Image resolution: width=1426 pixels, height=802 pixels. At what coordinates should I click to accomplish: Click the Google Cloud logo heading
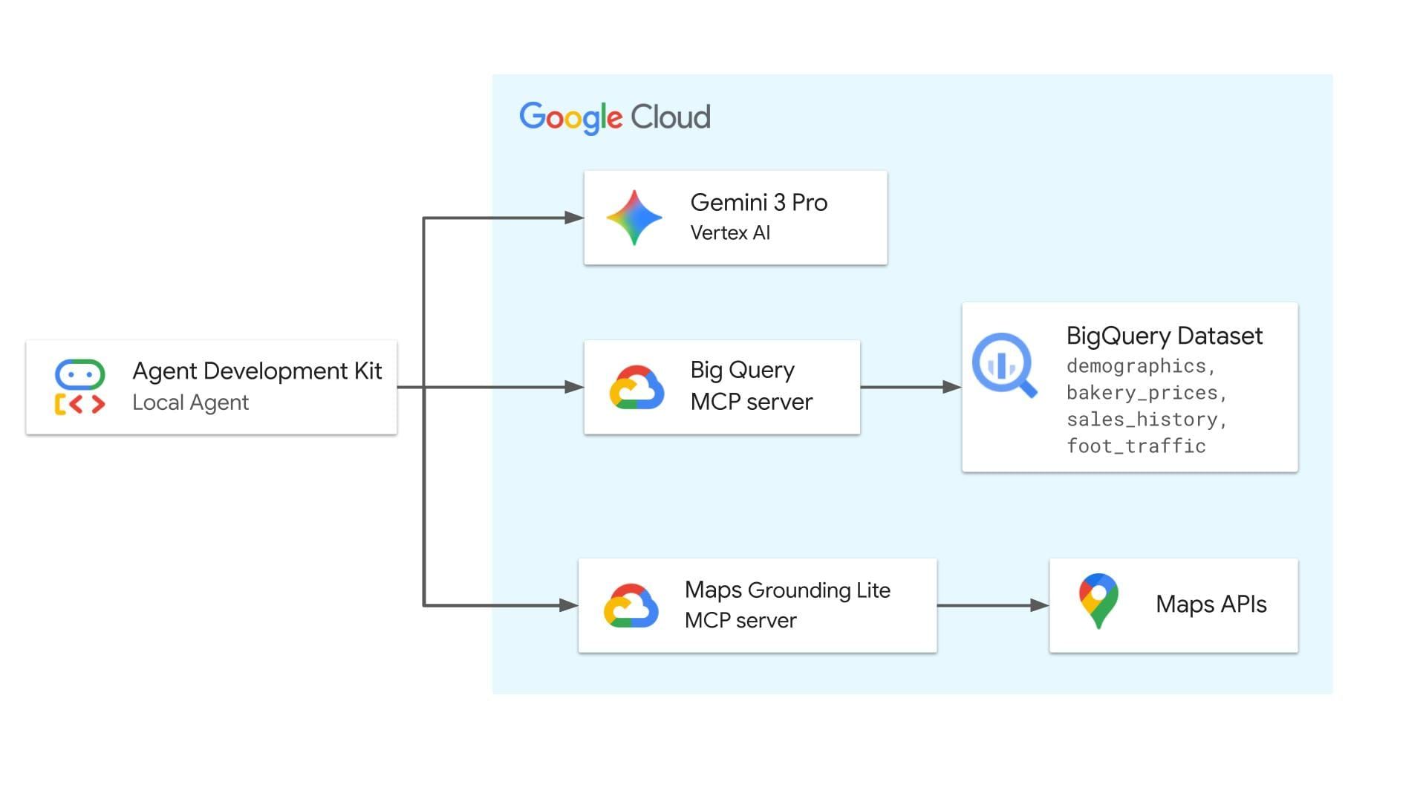tap(614, 117)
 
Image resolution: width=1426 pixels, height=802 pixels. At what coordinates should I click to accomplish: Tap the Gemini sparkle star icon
tap(634, 218)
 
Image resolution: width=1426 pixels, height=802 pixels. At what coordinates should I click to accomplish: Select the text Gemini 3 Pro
tap(758, 203)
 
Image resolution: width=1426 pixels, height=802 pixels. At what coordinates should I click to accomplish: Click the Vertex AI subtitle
tap(729, 233)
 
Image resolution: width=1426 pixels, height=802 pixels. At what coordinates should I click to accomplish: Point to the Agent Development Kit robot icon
tap(79, 387)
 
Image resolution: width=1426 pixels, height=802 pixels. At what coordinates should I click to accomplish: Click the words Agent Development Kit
tap(256, 371)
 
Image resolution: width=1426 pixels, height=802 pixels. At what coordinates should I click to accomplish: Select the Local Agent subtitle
tap(190, 402)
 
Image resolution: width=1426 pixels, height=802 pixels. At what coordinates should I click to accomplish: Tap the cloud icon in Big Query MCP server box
tap(637, 387)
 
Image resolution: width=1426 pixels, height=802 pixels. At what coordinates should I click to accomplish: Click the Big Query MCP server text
tap(750, 386)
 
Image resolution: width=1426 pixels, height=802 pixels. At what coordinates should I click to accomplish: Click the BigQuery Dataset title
tap(1164, 336)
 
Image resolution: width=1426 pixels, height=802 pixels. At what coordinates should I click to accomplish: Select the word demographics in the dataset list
tap(1136, 366)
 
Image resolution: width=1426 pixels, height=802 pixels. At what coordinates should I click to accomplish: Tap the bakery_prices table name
tap(1142, 393)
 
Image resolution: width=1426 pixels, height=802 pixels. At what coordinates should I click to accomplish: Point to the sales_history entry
tap(1142, 420)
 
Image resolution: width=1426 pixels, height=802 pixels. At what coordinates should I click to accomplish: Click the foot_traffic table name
tap(1136, 446)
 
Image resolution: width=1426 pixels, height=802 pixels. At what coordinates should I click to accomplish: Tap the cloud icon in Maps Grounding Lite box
tap(631, 606)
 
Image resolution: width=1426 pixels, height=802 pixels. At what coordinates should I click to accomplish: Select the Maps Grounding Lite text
tap(787, 590)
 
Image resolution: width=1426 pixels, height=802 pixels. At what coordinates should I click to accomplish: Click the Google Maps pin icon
tap(1098, 600)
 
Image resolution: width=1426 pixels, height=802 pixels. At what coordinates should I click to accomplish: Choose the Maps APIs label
tap(1211, 604)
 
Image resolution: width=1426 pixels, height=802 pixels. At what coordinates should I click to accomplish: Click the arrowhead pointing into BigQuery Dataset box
tap(952, 387)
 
